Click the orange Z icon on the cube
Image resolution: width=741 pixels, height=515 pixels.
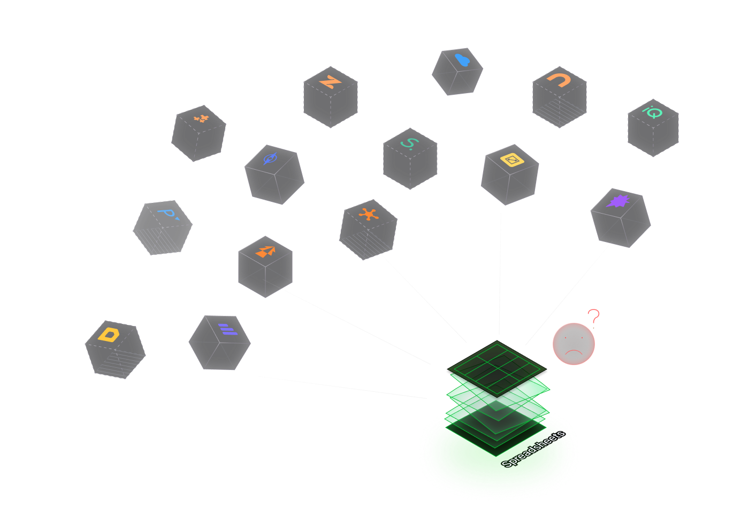(330, 82)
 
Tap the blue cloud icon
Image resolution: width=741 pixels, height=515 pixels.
(462, 59)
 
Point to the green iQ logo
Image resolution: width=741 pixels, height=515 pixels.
(653, 112)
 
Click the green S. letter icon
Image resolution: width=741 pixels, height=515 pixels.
(410, 143)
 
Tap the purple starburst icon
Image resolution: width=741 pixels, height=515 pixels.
(618, 201)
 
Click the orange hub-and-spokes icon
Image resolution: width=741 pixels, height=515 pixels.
(369, 215)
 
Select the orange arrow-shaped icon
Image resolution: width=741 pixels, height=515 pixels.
(266, 251)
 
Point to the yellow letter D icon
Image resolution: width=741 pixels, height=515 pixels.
(109, 334)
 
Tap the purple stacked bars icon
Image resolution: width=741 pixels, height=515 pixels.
(227, 329)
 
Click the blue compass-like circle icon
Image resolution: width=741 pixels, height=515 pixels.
(270, 158)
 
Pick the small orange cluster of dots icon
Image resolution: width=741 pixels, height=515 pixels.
(201, 118)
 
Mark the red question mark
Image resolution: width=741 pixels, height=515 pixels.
(593, 316)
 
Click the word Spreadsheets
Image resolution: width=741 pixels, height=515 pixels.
(533, 449)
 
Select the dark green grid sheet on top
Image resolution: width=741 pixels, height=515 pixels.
(497, 367)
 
